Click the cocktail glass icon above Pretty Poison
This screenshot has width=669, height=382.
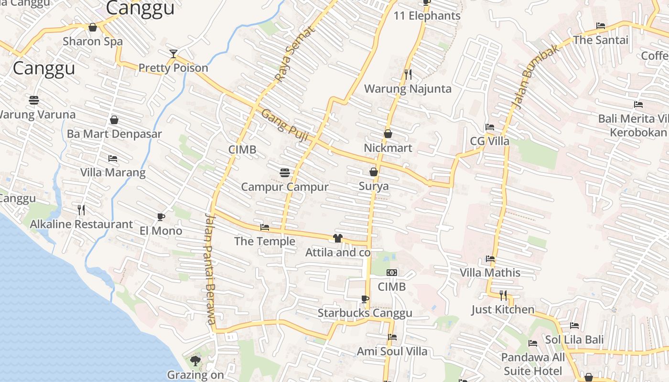coord(173,53)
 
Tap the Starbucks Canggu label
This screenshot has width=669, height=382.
coord(365,313)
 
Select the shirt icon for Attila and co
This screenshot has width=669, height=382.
coord(338,238)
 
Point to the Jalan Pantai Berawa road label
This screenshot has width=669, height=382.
coord(210,269)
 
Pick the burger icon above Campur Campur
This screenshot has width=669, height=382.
coord(285,173)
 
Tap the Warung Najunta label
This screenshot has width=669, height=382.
coord(408,89)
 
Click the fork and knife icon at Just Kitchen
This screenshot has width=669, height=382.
coord(503,295)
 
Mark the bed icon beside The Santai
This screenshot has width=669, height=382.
coord(601,26)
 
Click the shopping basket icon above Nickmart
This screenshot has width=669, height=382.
coord(388,134)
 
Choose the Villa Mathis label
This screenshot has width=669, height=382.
coord(490,273)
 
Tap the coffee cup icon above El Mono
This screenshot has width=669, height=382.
coord(161,217)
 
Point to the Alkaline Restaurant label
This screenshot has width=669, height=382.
coord(81,224)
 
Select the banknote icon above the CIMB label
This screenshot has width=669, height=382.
coord(392,273)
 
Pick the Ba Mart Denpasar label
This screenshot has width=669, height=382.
coord(114,134)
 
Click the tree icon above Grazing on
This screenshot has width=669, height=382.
coord(195,361)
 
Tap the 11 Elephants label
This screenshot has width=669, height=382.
coord(427,16)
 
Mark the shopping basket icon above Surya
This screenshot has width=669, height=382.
coord(374,172)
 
